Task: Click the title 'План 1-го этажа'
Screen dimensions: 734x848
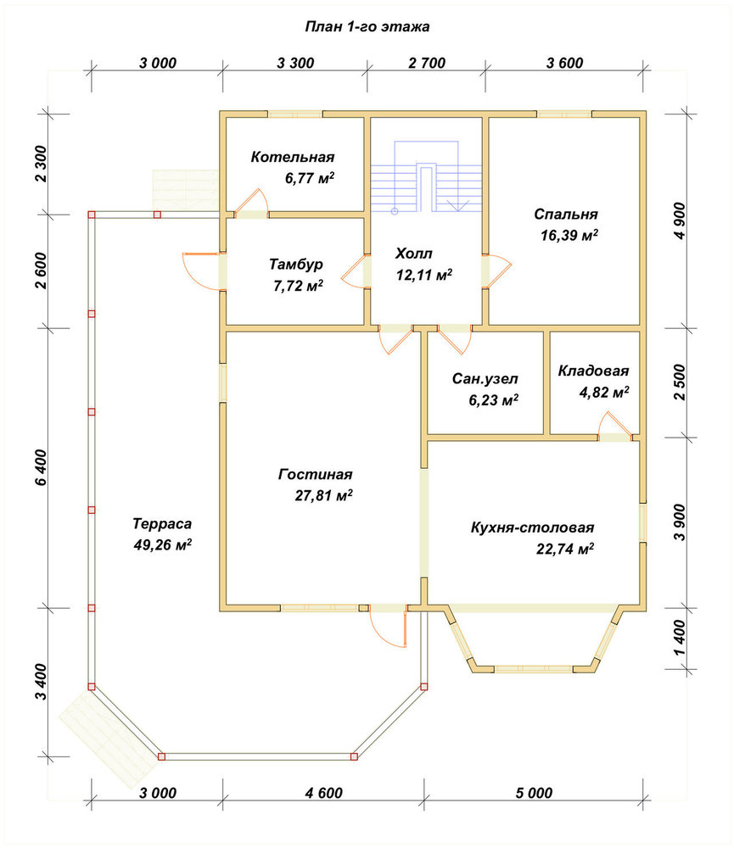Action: click(x=367, y=26)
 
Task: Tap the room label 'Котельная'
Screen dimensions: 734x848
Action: click(x=292, y=157)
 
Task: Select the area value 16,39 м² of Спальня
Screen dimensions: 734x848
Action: click(x=569, y=235)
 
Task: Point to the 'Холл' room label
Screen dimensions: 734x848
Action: click(x=414, y=254)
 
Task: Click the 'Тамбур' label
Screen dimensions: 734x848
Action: click(x=296, y=265)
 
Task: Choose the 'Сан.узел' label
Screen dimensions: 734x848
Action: click(x=485, y=379)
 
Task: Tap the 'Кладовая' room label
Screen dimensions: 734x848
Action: click(x=593, y=371)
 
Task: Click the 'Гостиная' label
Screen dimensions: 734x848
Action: click(x=315, y=474)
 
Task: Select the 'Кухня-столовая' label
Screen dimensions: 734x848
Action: click(x=532, y=527)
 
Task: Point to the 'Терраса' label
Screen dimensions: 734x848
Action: click(x=162, y=524)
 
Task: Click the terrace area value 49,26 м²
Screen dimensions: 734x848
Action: click(x=162, y=545)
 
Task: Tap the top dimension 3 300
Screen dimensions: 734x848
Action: click(x=295, y=64)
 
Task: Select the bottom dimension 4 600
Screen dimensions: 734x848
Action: click(x=323, y=793)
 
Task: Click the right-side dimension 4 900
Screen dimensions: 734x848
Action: click(x=681, y=220)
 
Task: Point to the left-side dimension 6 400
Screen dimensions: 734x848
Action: click(x=42, y=467)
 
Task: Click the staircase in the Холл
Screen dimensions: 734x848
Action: click(x=427, y=179)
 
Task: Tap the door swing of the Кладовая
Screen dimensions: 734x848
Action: click(x=615, y=424)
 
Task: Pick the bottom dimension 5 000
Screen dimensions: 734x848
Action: click(x=534, y=793)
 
